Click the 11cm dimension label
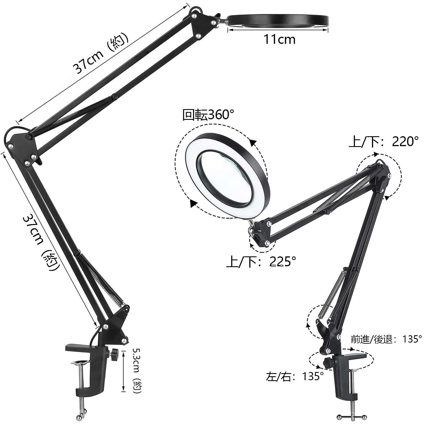279,39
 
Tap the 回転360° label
208,115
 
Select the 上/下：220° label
384,141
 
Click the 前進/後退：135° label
386,339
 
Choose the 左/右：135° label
295,377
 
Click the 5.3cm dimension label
138,371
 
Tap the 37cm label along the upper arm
101,56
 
